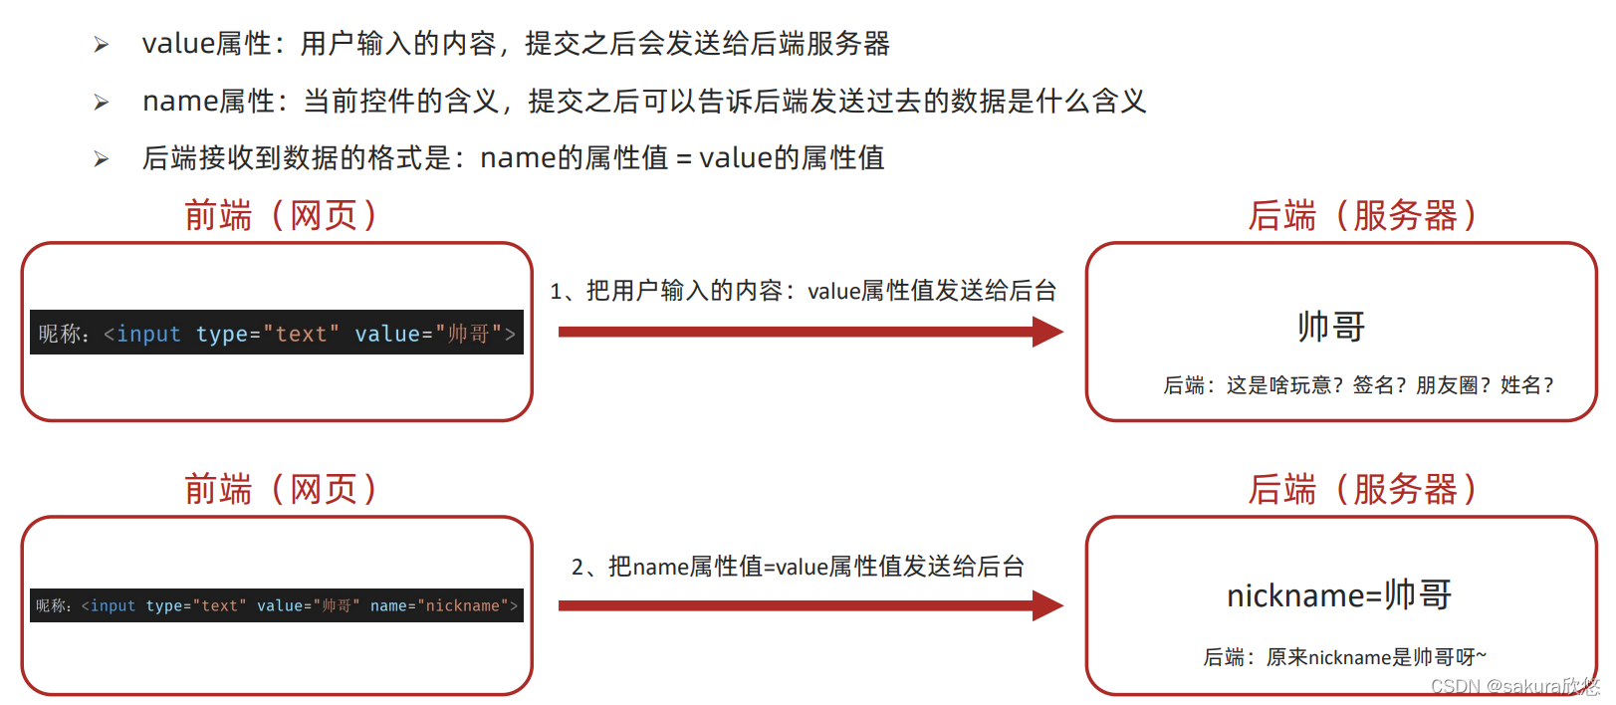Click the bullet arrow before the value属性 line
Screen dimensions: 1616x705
point(101,45)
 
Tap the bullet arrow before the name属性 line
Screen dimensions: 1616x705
point(101,103)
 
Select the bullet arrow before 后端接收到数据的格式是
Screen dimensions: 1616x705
point(101,159)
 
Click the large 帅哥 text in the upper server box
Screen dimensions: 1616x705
point(1331,327)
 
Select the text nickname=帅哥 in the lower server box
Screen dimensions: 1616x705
point(1339,595)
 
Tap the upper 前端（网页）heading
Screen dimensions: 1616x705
point(280,216)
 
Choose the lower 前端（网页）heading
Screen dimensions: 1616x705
point(280,490)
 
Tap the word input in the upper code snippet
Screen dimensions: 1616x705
point(148,335)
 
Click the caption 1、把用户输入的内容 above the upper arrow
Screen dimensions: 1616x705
point(803,291)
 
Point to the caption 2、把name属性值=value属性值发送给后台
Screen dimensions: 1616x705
point(798,567)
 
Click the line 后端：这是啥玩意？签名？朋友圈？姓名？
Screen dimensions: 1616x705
point(1358,385)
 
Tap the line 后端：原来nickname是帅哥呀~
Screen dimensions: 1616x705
point(1344,657)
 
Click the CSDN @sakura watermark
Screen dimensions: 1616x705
point(1513,686)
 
